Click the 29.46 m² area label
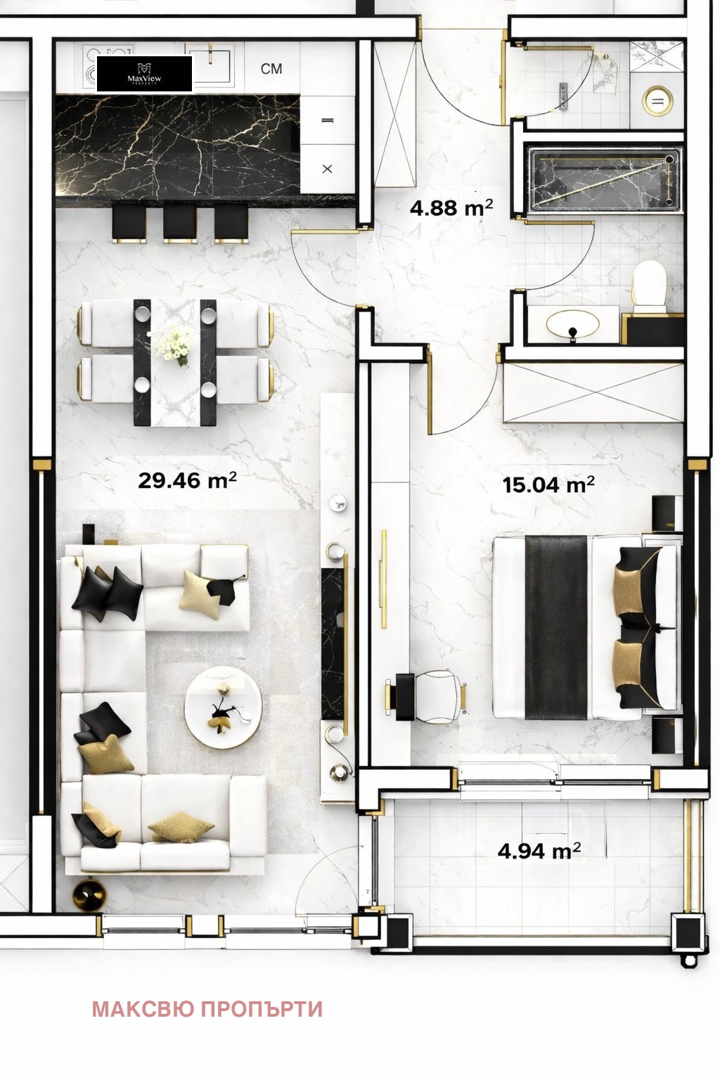pos(187,481)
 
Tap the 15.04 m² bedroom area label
pos(548,484)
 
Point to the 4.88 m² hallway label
pos(451,208)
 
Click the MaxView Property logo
pos(144,74)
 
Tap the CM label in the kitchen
pos(271,69)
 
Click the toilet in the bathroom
pos(649,288)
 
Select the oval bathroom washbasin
pos(572,324)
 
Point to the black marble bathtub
pos(605,179)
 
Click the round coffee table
pos(224,707)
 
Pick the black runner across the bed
pos(555,627)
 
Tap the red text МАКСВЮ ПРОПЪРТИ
pos(207,1009)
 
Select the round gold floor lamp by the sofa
pos(89,896)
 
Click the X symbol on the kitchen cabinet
pos(327,169)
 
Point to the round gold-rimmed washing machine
pos(658,101)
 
